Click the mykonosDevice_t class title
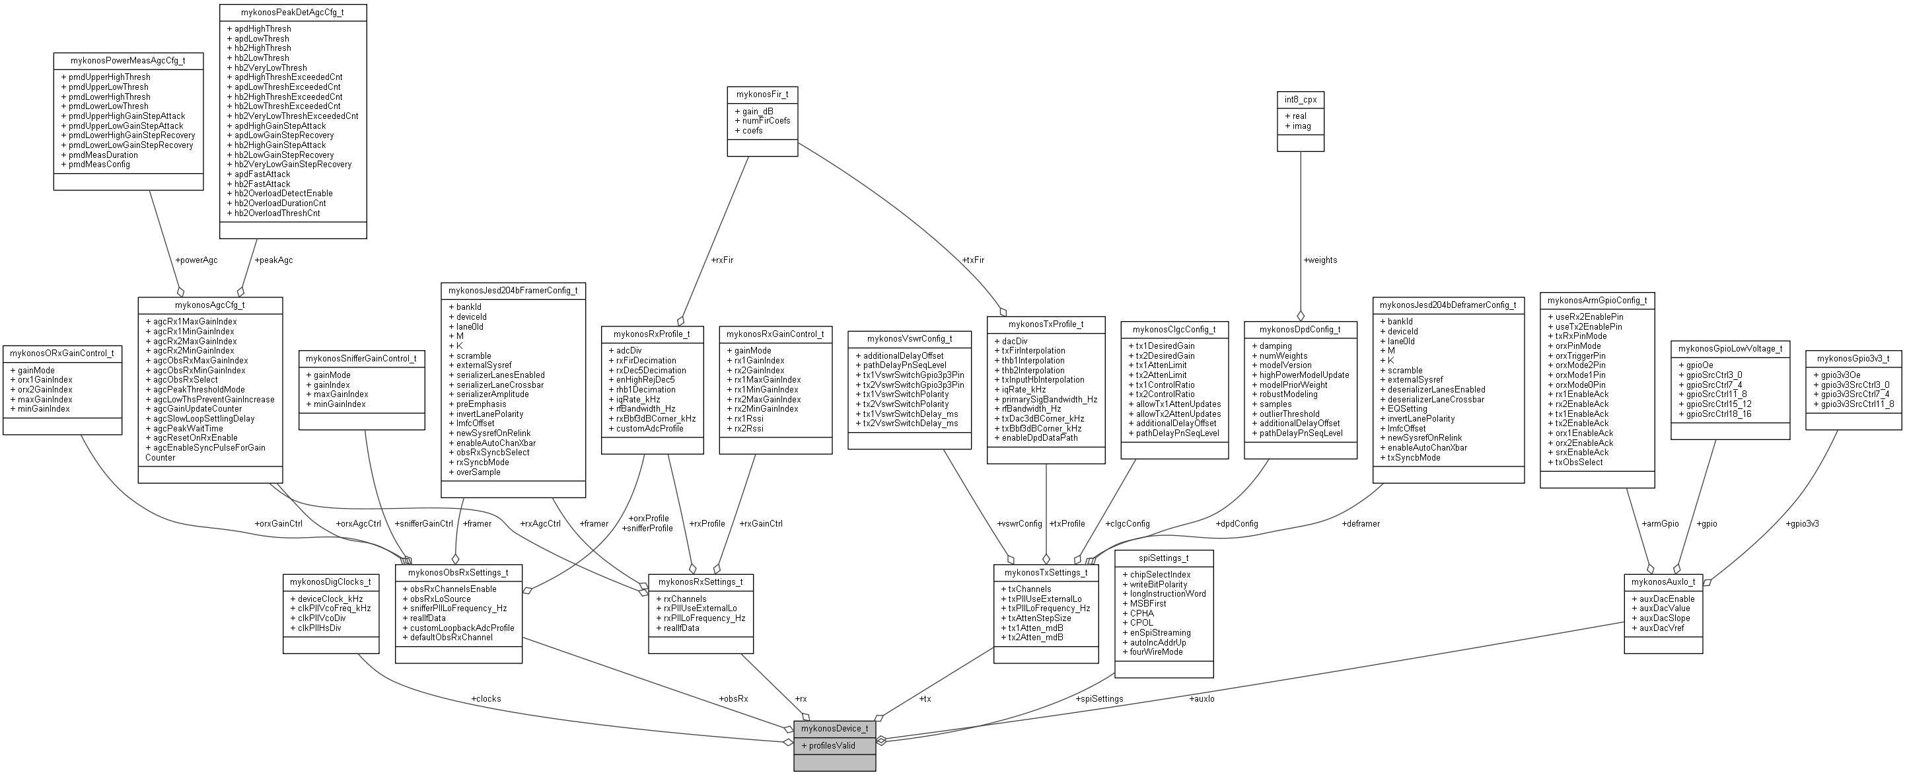[834, 728]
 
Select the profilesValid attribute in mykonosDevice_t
[832, 745]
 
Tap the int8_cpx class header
[1300, 99]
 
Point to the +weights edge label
[1320, 260]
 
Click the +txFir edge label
[973, 260]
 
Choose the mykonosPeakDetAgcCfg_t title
[293, 13]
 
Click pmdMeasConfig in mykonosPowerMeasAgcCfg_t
[99, 164]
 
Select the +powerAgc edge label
[196, 260]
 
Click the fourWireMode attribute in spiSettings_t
[1156, 651]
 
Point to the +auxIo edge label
[1202, 698]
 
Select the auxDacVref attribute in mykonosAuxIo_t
[1657, 628]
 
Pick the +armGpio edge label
[1660, 523]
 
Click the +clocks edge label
[486, 698]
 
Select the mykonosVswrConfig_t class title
[909, 339]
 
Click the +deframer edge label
[1361, 523]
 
